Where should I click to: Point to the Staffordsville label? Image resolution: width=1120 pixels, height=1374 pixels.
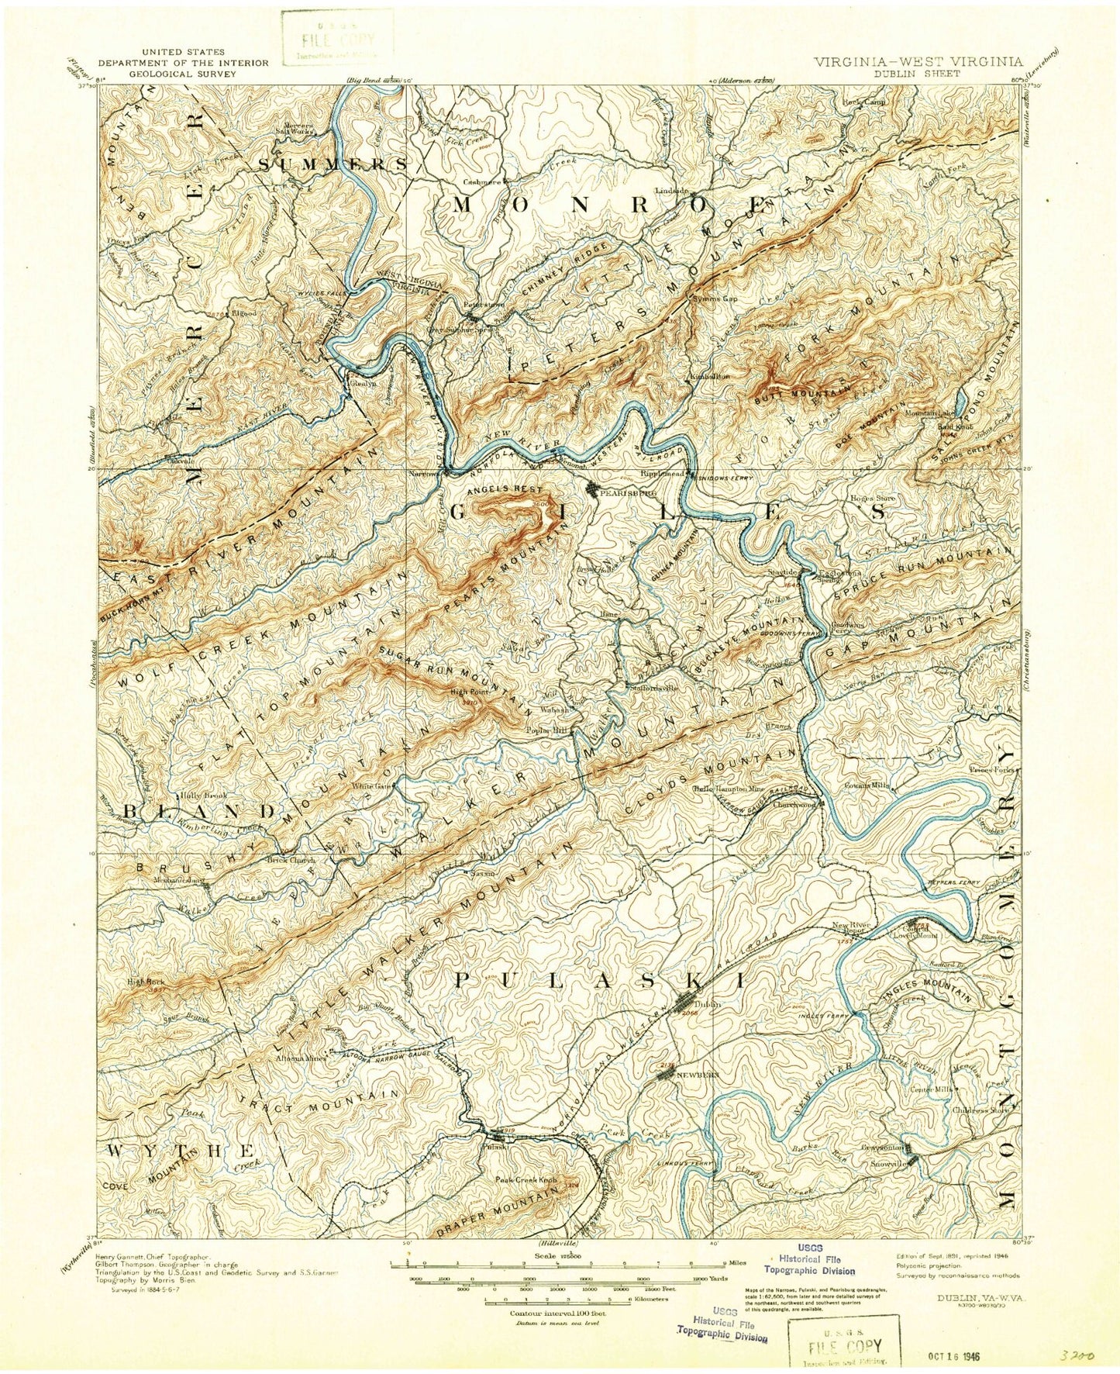653,687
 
